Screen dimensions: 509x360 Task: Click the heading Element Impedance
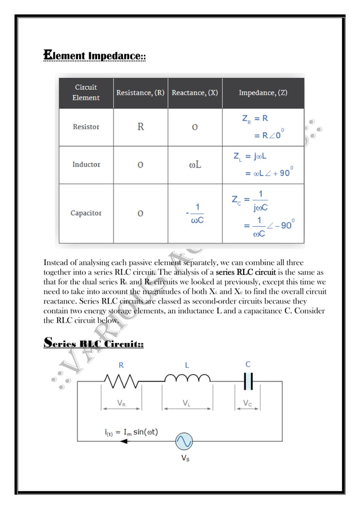click(95, 56)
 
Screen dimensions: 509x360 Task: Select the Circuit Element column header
click(86, 93)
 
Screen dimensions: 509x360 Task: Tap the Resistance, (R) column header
click(140, 93)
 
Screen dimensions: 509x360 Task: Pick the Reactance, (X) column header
click(195, 93)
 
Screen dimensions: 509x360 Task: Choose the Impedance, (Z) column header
click(263, 93)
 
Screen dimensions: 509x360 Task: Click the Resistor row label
click(86, 126)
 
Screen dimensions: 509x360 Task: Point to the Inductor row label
click(86, 164)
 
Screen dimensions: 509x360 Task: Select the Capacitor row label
click(86, 213)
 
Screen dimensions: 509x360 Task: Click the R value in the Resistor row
click(141, 126)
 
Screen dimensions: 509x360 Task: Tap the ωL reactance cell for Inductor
click(195, 165)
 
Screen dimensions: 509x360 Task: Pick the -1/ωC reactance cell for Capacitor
click(195, 213)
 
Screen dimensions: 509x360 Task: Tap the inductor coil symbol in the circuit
click(187, 382)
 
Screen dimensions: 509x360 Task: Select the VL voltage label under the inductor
click(186, 403)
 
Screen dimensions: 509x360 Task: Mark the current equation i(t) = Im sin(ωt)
click(131, 433)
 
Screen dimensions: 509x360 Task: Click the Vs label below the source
click(185, 459)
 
